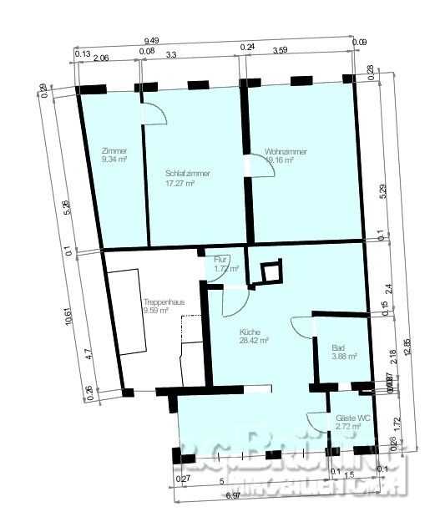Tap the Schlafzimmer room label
pyautogui.click(x=187, y=174)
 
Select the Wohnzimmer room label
pyautogui.click(x=286, y=152)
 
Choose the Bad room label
pyautogui.click(x=338, y=347)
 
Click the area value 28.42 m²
pyautogui.click(x=253, y=341)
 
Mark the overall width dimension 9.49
pyautogui.click(x=152, y=40)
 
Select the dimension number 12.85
pyautogui.click(x=407, y=347)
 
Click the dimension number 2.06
pyautogui.click(x=100, y=58)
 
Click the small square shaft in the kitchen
pyautogui.click(x=271, y=271)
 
